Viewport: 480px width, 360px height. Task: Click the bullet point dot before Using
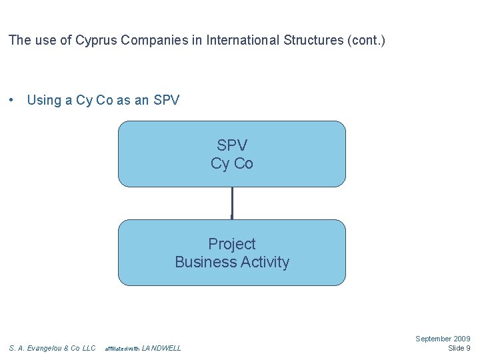pos(11,101)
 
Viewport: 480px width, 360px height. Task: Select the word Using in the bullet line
pos(44,101)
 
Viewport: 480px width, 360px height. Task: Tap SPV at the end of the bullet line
pos(166,101)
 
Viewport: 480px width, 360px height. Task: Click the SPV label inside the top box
pos(232,145)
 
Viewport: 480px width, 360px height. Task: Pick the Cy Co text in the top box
pos(232,163)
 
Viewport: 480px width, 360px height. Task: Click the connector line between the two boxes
pos(232,203)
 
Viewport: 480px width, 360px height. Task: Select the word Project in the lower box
pos(232,244)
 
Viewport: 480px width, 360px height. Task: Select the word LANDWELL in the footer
pos(161,348)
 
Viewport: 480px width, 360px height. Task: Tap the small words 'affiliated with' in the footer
pos(123,349)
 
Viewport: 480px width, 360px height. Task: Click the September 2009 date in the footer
pos(443,339)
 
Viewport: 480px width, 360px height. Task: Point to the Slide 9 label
pos(459,348)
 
